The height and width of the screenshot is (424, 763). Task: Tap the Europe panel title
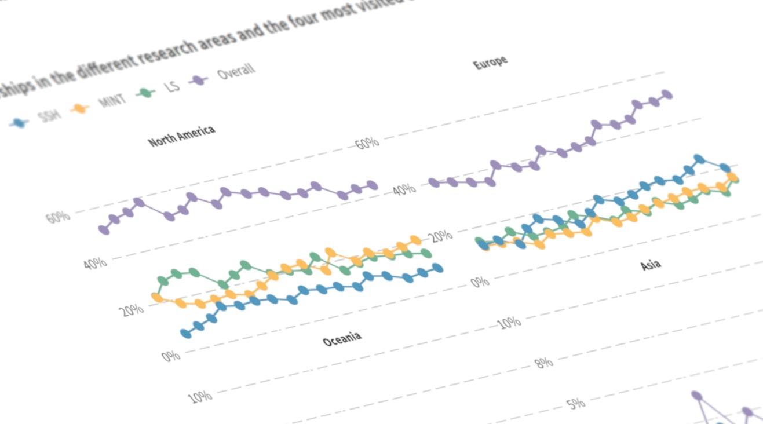(x=490, y=63)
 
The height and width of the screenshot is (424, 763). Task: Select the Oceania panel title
(x=342, y=339)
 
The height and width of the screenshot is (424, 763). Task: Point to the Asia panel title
(x=650, y=265)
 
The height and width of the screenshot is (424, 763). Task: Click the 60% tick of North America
(x=58, y=218)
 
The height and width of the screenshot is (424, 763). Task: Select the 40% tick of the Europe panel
(x=404, y=189)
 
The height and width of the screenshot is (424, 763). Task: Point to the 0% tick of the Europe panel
(x=480, y=282)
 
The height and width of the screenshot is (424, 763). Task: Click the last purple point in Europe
(x=667, y=94)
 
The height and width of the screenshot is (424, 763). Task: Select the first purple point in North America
(x=104, y=230)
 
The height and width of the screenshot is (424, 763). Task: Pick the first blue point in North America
(x=186, y=333)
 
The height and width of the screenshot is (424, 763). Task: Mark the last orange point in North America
(x=415, y=240)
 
